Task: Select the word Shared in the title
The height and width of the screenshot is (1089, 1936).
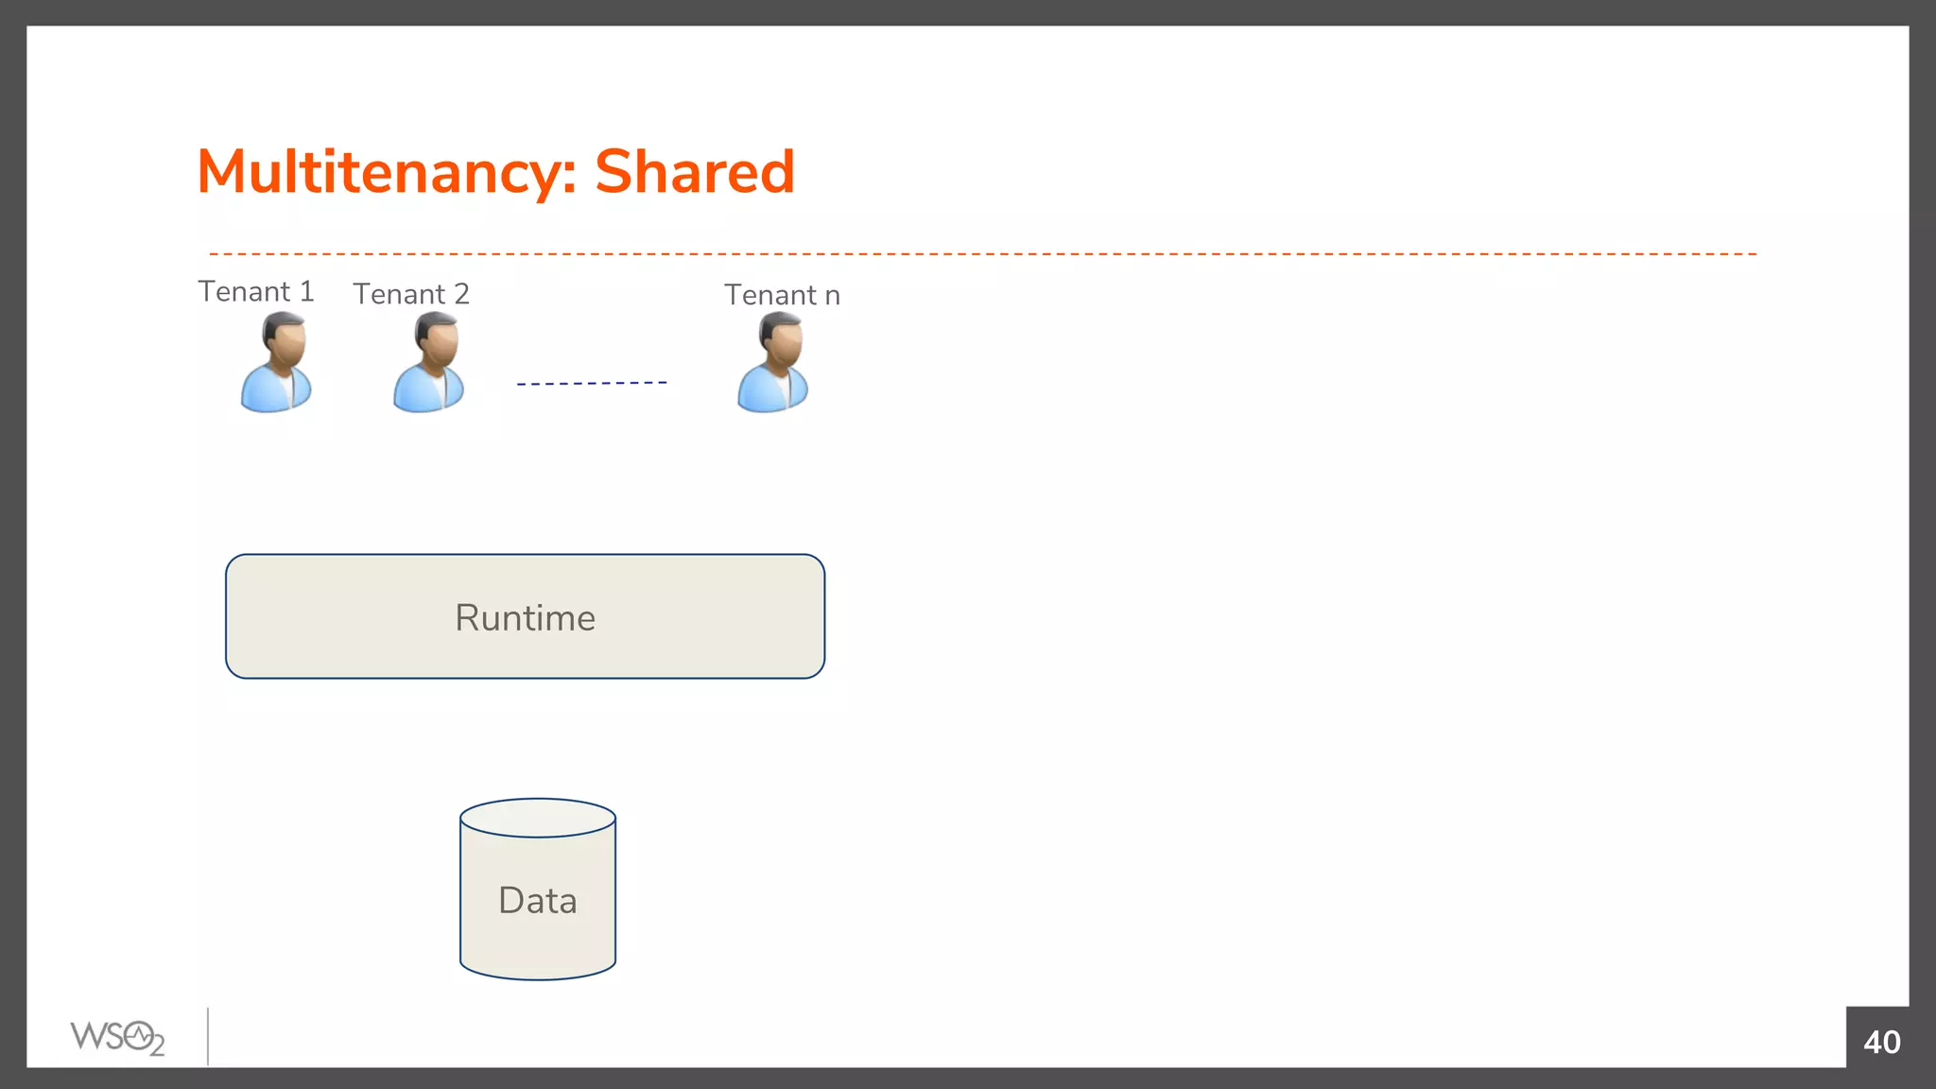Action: coord(695,172)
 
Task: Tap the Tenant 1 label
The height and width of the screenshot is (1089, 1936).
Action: coord(255,291)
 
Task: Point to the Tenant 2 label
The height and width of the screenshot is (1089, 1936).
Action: coord(411,294)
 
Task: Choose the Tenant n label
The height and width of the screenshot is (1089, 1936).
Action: coord(782,295)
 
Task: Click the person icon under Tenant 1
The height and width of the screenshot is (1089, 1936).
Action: coord(276,364)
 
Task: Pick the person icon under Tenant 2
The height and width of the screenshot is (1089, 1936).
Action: coord(428,364)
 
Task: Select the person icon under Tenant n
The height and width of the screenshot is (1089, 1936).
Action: coord(772,364)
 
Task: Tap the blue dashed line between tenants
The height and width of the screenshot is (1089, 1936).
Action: coord(592,383)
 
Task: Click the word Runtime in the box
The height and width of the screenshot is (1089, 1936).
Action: coord(526,618)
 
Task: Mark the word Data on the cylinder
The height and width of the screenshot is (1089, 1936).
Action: coord(538,901)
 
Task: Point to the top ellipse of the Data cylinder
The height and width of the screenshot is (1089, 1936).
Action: coord(538,818)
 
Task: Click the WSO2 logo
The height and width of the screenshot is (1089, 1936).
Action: coord(117,1038)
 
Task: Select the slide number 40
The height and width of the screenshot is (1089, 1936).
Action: coord(1881,1042)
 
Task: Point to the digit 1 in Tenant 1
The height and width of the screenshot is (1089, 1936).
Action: coord(306,291)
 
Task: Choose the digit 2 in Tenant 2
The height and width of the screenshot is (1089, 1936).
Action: coord(461,294)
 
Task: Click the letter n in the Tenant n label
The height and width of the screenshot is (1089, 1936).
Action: coord(832,297)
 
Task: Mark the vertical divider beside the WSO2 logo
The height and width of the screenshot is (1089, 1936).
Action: coord(208,1036)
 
